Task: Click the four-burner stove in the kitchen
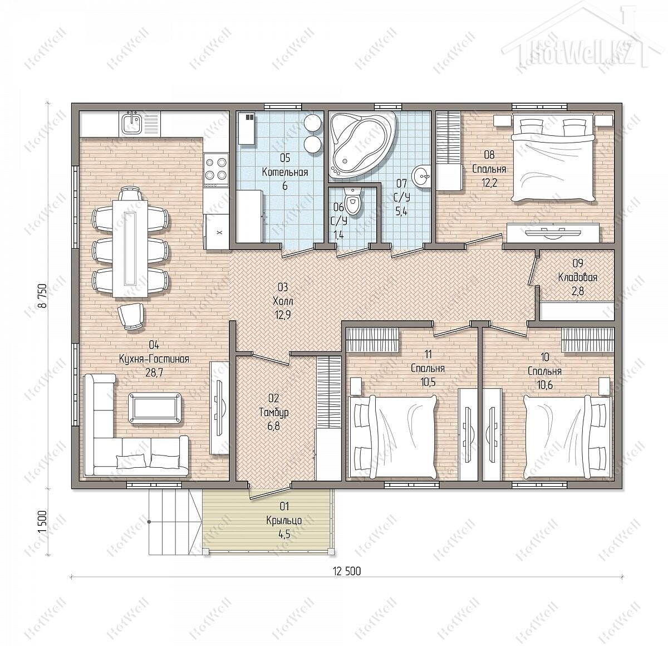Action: tap(216, 168)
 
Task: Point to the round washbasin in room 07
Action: tap(421, 176)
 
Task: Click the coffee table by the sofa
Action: tap(155, 408)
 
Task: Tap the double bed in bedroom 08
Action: tap(552, 160)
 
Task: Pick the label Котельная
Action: tap(284, 172)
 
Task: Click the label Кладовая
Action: tap(578, 277)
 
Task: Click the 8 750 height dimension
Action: tap(42, 296)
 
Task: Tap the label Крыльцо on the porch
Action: tap(284, 520)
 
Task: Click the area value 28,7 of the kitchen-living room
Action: tap(154, 373)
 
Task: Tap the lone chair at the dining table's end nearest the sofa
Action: tap(130, 316)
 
